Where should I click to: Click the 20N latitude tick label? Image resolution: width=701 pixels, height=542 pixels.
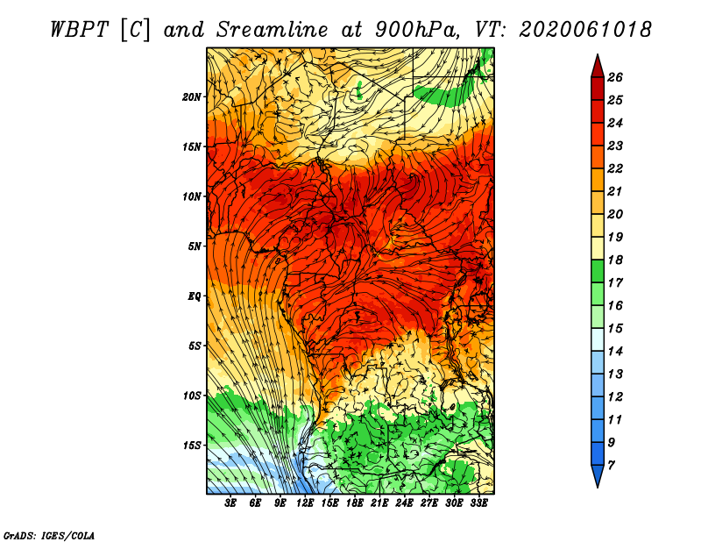(x=191, y=97)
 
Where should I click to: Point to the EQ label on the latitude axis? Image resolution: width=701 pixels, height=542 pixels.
(x=194, y=296)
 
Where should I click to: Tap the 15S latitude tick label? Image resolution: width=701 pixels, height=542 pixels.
(x=192, y=446)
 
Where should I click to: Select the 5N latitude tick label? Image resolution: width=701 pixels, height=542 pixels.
(x=194, y=246)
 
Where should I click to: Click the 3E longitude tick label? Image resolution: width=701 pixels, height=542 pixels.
(x=230, y=503)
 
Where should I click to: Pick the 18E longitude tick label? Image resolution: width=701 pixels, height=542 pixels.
(x=355, y=503)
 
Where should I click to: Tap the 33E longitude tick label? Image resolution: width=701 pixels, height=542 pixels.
(x=478, y=503)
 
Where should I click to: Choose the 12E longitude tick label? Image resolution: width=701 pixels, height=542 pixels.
(x=305, y=503)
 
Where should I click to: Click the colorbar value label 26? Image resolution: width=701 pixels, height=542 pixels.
(x=615, y=77)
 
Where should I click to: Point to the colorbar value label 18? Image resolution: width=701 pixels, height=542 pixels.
(x=615, y=260)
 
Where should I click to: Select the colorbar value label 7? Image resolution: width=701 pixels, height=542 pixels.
(x=611, y=466)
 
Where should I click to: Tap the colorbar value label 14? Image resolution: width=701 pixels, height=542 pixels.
(x=615, y=352)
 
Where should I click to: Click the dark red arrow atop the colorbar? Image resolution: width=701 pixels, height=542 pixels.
(x=598, y=67)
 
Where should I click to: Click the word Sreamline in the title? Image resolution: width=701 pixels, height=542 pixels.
(x=273, y=30)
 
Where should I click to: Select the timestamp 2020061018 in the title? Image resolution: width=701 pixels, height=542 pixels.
(x=584, y=30)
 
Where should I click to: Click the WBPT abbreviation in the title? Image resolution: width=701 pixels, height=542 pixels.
(x=79, y=30)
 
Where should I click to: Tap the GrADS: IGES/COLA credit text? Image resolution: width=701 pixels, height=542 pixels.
(x=49, y=536)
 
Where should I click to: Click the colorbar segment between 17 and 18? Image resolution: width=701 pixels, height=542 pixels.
(x=598, y=271)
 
